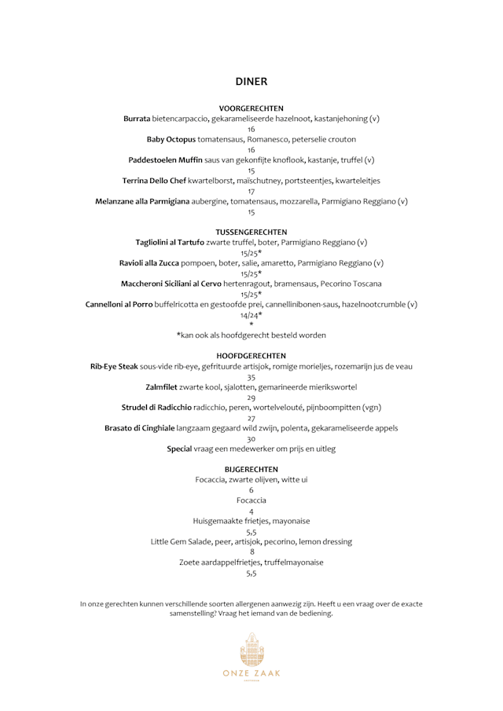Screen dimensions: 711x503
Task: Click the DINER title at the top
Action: coord(251,82)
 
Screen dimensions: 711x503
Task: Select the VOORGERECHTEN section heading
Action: coord(251,108)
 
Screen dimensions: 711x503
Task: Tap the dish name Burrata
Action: coord(137,119)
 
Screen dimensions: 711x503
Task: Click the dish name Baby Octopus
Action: coord(171,139)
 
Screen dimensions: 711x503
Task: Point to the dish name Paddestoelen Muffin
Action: coord(165,160)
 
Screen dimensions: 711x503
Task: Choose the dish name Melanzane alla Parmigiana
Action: coord(142,202)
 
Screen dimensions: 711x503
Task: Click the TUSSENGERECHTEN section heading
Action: coord(251,233)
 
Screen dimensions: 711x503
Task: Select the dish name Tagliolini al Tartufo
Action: coord(170,243)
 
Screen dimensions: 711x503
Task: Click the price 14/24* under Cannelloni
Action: coord(251,315)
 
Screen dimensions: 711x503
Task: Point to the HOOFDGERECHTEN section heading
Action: coord(251,356)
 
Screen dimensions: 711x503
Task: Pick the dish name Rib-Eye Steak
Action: coord(114,366)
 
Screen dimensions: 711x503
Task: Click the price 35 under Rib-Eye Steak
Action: coord(251,377)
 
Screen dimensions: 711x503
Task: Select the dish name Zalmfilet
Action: coord(164,387)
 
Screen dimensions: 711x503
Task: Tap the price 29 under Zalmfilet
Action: coord(251,398)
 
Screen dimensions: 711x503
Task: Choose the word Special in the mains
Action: coord(180,449)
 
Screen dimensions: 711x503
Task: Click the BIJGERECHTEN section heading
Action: coord(251,470)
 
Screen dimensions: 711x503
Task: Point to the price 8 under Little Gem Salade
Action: coord(251,552)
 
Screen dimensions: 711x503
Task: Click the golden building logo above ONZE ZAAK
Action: coord(251,649)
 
